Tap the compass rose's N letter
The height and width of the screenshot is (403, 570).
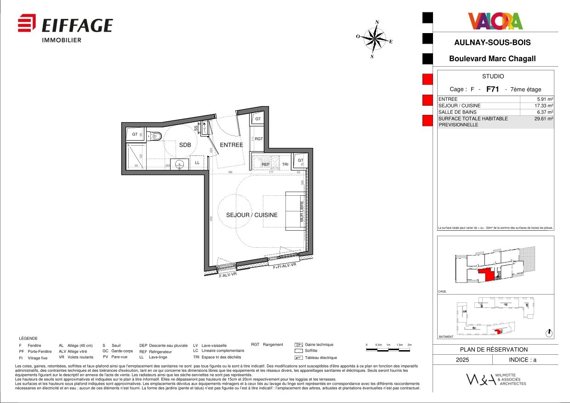coord(377,22)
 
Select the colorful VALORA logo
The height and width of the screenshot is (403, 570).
coord(495,21)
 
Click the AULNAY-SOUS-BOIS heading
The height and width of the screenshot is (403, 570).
coord(492,43)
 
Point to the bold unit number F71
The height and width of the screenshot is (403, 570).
coord(492,90)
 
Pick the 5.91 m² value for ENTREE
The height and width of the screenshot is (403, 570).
coord(545,99)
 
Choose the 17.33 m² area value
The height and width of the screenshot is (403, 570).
coord(544,106)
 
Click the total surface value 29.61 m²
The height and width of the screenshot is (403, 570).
coord(544,119)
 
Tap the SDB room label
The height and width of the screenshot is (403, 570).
coord(185,145)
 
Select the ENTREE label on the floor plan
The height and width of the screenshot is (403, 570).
coord(231,145)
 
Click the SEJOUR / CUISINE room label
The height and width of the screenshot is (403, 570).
coord(251,215)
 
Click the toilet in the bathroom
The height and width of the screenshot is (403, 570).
coord(156,136)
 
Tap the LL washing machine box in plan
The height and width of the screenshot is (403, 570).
coord(197,163)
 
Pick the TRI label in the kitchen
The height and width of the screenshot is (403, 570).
coord(285,164)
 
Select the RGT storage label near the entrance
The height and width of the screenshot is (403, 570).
coord(259,139)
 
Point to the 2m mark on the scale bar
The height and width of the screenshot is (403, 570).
coord(410,345)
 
